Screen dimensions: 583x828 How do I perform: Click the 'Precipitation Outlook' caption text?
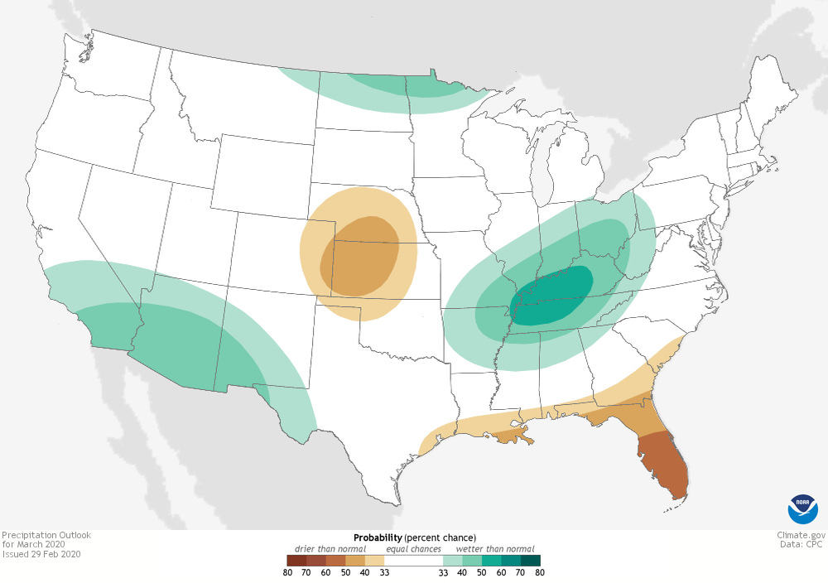[x=46, y=535]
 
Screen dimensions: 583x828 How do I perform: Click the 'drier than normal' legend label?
[x=330, y=549]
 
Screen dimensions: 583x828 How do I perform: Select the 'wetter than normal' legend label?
[x=494, y=549]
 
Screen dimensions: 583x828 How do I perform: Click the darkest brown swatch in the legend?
[x=296, y=561]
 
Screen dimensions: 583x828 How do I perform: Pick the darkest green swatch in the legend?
[x=530, y=561]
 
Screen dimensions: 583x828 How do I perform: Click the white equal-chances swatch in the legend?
[x=413, y=561]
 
